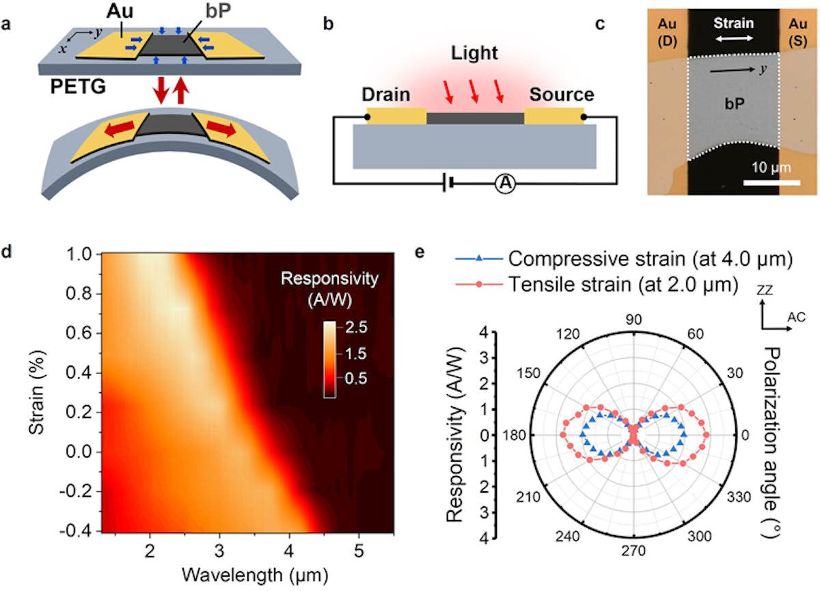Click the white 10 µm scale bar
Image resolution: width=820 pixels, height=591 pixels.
(x=771, y=182)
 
